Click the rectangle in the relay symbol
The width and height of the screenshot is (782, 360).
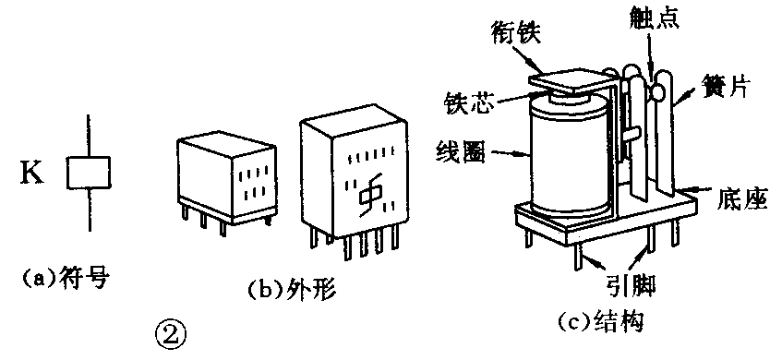pos(89,173)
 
